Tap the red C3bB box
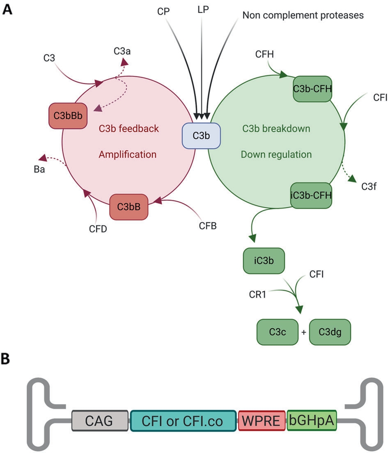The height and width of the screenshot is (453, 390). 128,207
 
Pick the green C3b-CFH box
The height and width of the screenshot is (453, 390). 312,89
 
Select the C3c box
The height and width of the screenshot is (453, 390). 276,331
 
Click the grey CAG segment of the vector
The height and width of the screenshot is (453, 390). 100,421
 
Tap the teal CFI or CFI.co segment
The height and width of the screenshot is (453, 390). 183,421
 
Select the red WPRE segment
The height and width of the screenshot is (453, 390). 262,421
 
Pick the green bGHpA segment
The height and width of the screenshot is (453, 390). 312,421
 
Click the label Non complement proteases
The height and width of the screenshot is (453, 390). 303,16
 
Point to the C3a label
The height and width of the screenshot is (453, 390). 122,52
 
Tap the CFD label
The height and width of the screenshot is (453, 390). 98,229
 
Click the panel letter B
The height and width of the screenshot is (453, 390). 7,358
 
